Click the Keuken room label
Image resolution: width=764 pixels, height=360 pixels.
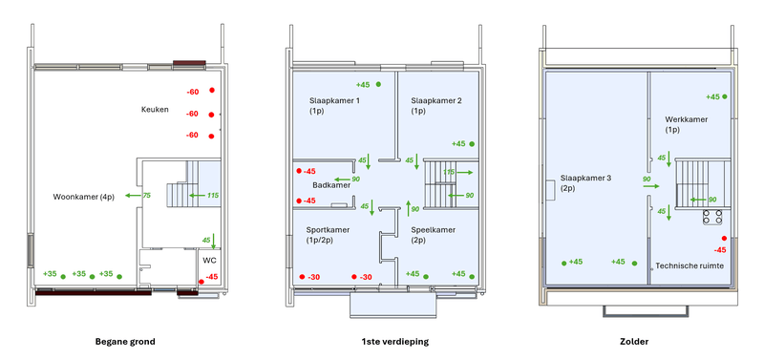pyautogui.click(x=154, y=110)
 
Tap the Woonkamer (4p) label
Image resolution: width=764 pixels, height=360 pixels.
pyautogui.click(x=84, y=197)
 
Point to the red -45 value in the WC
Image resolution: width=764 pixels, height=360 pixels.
pyautogui.click(x=211, y=277)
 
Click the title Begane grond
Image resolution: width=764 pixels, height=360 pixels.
pyautogui.click(x=125, y=341)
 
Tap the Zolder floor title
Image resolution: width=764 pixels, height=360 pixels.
pyautogui.click(x=638, y=341)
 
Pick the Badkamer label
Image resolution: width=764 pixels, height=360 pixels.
pyautogui.click(x=331, y=186)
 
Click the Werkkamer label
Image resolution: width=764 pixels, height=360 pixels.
pyautogui.click(x=687, y=120)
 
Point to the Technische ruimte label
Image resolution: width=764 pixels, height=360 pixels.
pyautogui.click(x=689, y=265)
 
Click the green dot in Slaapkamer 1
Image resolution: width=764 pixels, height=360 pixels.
pyautogui.click(x=379, y=84)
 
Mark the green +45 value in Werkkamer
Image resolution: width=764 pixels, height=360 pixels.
pyautogui.click(x=713, y=96)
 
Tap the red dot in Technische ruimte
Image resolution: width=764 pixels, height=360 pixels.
pyautogui.click(x=724, y=238)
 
